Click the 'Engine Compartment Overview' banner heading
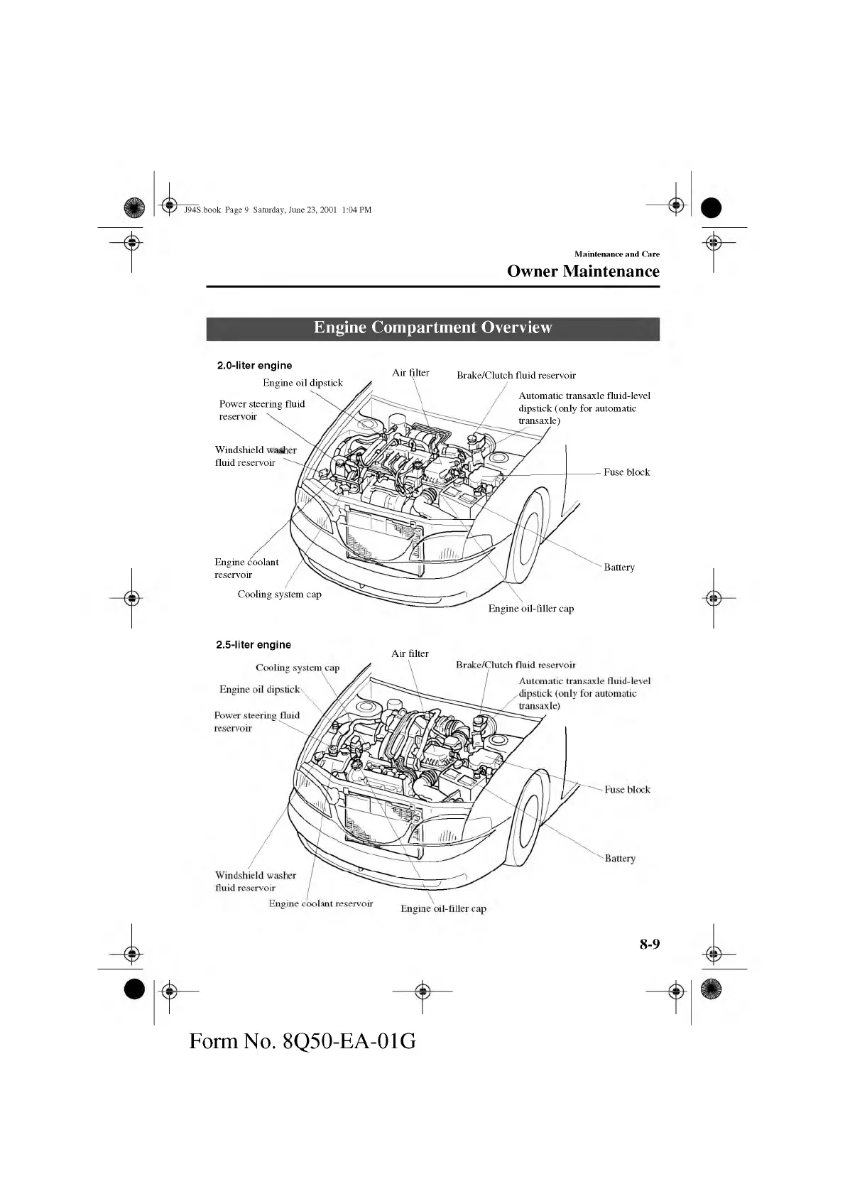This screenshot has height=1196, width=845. (x=432, y=327)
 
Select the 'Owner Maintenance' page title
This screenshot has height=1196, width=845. (x=583, y=271)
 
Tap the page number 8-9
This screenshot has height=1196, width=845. (x=649, y=944)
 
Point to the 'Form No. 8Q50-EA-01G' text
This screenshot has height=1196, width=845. (x=302, y=1041)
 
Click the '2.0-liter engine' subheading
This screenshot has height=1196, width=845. (x=254, y=366)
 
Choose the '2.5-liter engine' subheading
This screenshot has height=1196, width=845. (x=253, y=645)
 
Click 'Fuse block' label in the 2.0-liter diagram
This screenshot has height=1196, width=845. (x=626, y=472)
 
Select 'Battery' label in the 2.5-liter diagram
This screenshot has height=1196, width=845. (x=620, y=859)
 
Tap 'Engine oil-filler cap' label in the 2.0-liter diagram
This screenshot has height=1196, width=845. (x=531, y=609)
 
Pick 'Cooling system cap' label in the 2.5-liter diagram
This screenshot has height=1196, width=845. (x=298, y=668)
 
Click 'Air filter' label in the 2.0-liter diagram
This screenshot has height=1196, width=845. (x=410, y=373)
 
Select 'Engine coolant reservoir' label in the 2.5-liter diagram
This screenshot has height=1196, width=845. (x=321, y=904)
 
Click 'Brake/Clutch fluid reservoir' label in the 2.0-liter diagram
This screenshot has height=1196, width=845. (x=516, y=376)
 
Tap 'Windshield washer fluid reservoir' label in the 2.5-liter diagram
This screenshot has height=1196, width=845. (x=255, y=881)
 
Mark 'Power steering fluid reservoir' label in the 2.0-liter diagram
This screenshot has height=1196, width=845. (x=261, y=410)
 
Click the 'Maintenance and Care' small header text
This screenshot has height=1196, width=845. (x=616, y=254)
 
